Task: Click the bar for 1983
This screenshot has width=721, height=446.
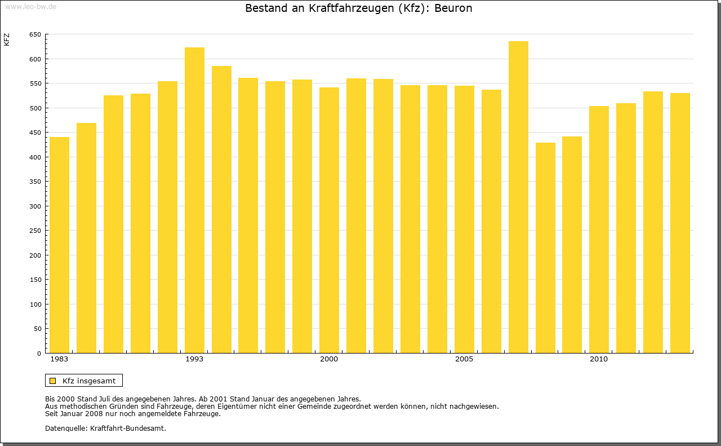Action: click(x=59, y=245)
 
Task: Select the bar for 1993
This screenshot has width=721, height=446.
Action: click(x=194, y=200)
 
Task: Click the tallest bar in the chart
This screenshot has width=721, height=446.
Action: click(x=518, y=197)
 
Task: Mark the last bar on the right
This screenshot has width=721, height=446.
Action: click(x=680, y=223)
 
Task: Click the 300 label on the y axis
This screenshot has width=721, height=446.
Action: click(x=35, y=206)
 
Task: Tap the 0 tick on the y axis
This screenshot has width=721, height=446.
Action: click(x=39, y=354)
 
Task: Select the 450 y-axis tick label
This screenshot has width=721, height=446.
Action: click(x=35, y=133)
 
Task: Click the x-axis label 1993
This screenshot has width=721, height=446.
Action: click(x=194, y=359)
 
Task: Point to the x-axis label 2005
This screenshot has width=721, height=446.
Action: click(x=464, y=359)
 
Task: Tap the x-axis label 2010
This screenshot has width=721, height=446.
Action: click(x=599, y=359)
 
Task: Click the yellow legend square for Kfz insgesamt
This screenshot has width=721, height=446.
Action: click(x=52, y=381)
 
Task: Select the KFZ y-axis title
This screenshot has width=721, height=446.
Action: click(x=7, y=39)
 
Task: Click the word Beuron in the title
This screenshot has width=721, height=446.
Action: click(x=453, y=8)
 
